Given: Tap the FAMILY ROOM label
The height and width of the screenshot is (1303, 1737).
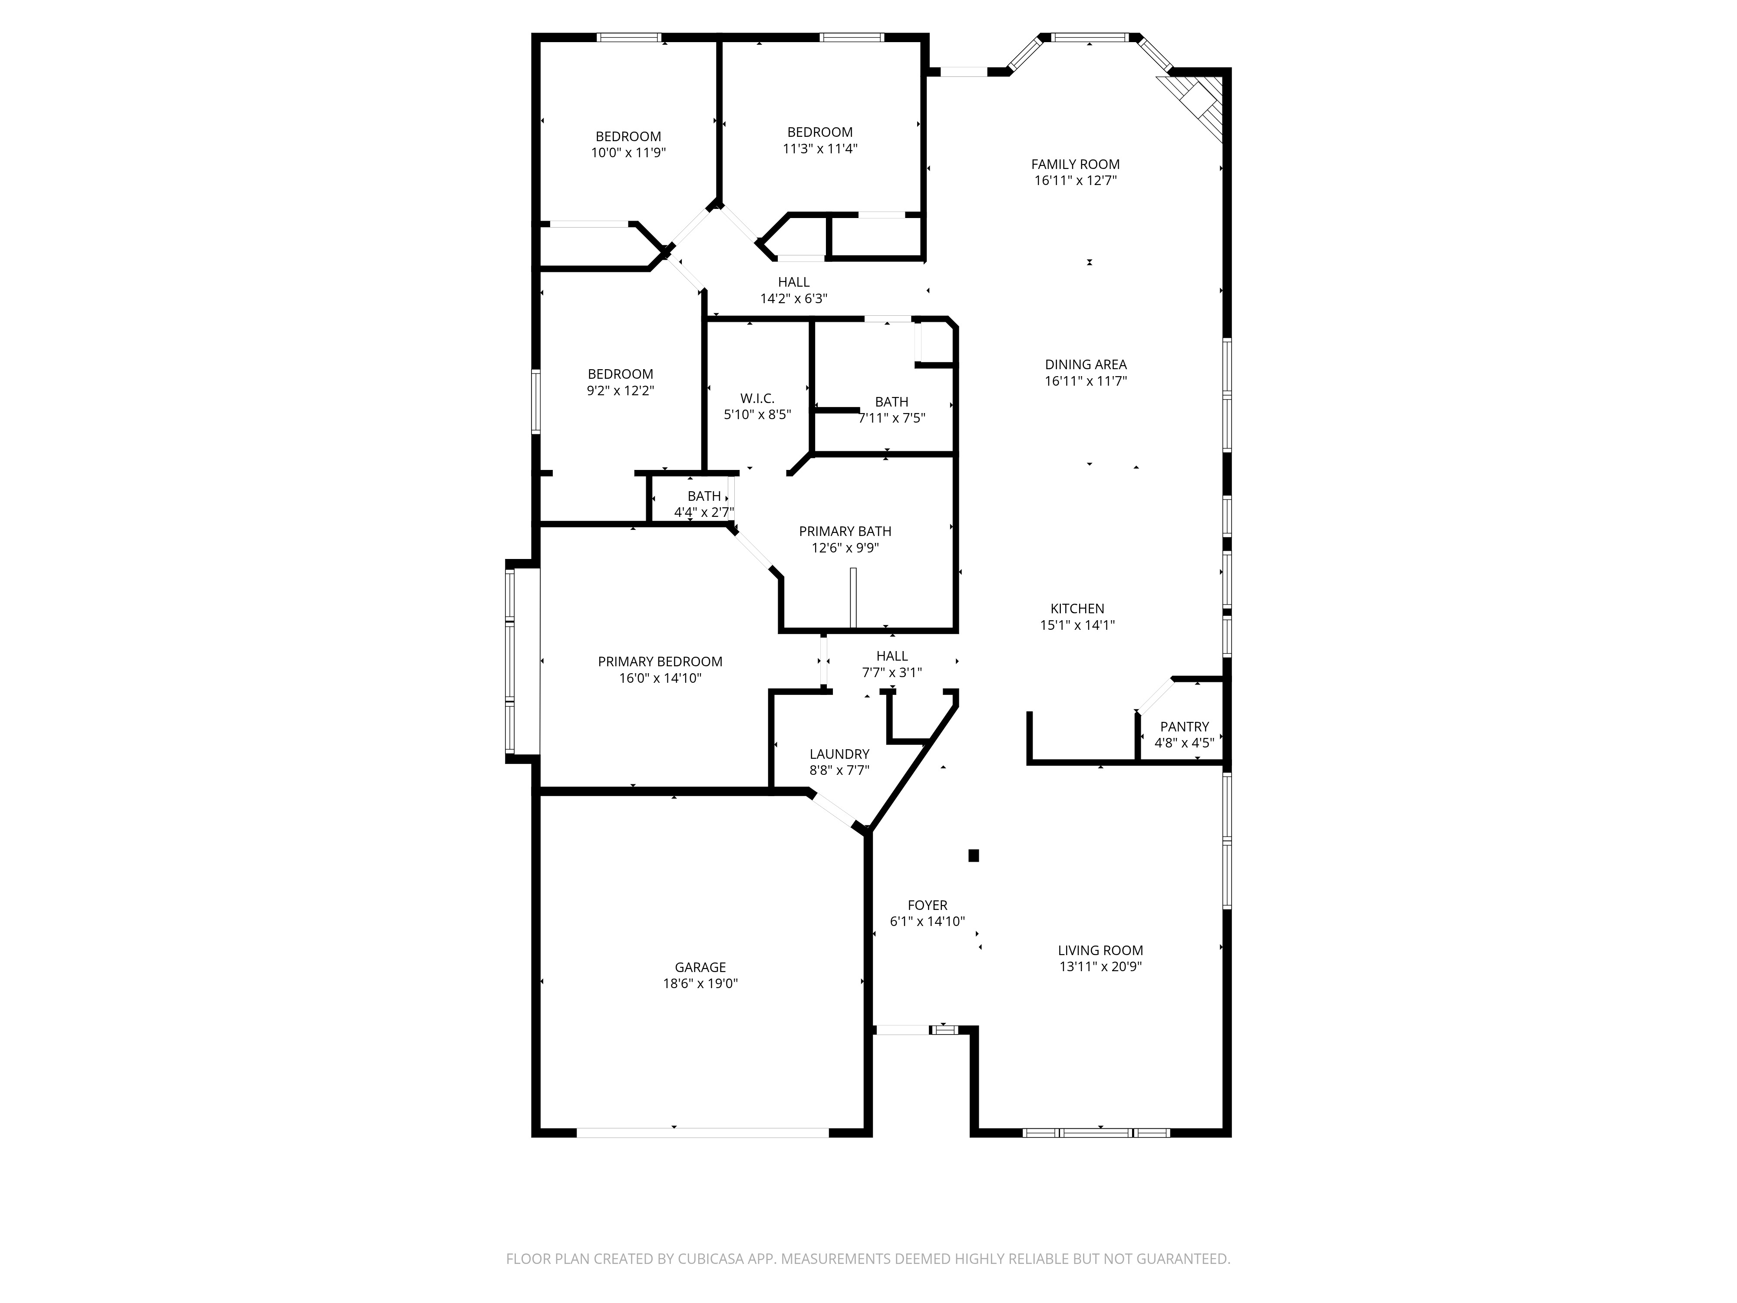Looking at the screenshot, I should (x=1075, y=164).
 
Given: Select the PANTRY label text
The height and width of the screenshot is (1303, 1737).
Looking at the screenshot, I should (x=1184, y=727).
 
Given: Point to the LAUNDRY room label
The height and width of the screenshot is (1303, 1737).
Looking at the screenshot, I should (x=839, y=754).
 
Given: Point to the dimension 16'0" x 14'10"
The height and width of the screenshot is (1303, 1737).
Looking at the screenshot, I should (x=660, y=678).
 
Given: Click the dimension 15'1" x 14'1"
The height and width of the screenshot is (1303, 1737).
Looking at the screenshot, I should (x=1077, y=625).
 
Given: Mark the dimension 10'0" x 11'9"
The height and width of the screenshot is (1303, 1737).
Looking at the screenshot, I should (x=628, y=152).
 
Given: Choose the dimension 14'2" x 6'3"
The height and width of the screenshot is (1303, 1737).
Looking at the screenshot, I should (x=793, y=298).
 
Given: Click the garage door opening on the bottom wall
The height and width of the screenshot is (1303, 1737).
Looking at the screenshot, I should (x=703, y=1133).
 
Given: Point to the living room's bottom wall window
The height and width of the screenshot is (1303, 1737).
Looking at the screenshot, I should (x=1096, y=1133).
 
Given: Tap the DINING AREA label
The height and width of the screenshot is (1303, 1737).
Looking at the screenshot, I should (x=1085, y=364).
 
